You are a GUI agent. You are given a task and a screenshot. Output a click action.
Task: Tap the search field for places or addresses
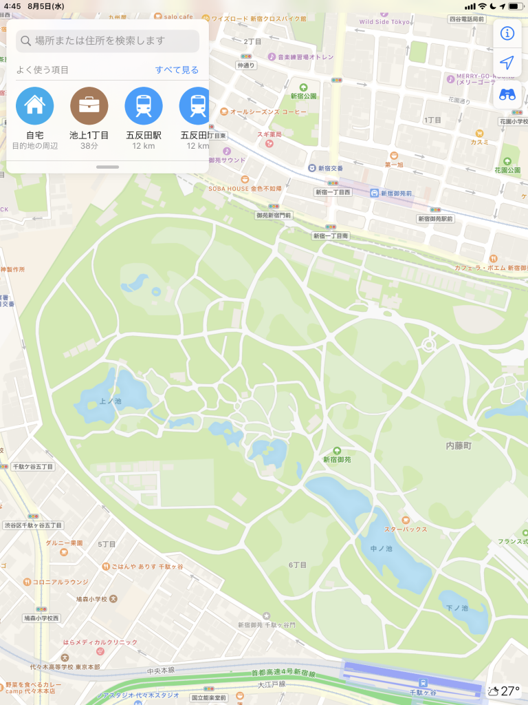(108, 41)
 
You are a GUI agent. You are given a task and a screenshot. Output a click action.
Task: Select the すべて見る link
(177, 70)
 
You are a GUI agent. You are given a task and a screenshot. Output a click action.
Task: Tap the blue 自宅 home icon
(34, 106)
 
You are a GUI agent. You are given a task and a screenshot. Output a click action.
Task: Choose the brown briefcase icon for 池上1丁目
(89, 106)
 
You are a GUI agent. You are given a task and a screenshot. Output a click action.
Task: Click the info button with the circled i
(507, 33)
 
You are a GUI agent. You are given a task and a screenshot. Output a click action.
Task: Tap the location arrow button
(507, 63)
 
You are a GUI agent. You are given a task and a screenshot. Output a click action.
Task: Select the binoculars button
(507, 94)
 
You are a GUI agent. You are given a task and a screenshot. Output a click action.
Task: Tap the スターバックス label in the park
(406, 529)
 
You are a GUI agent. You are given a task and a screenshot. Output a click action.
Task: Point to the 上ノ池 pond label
(110, 401)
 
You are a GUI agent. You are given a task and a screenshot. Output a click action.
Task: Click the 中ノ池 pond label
(380, 549)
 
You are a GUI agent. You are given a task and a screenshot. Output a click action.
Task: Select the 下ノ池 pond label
(456, 608)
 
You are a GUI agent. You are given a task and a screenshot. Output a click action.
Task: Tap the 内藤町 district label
(459, 446)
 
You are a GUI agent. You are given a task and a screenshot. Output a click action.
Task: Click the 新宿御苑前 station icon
(373, 193)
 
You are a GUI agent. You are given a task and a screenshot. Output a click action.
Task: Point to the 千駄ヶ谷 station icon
(423, 682)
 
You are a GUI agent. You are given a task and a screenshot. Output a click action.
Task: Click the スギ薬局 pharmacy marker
(269, 144)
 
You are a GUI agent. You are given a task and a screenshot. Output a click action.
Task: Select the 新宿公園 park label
(303, 96)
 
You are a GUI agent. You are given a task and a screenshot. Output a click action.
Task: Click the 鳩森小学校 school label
(91, 598)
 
